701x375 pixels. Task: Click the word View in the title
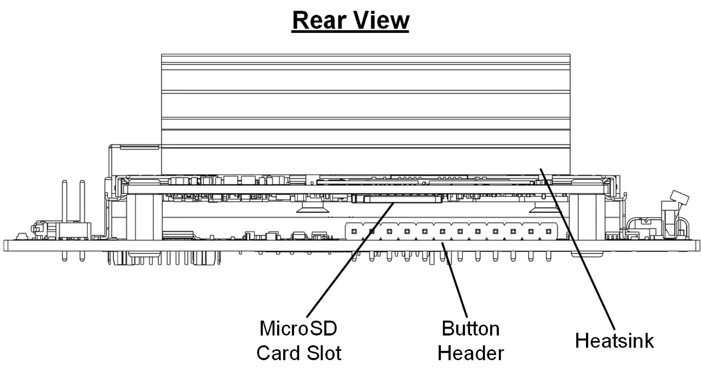[382, 20]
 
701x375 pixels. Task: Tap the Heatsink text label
[614, 340]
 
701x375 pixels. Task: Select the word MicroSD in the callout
[298, 329]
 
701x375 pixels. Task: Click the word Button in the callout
[470, 329]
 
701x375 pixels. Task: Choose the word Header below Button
[470, 353]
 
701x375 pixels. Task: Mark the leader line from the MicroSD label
[350, 258]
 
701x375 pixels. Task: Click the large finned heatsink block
[366, 110]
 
